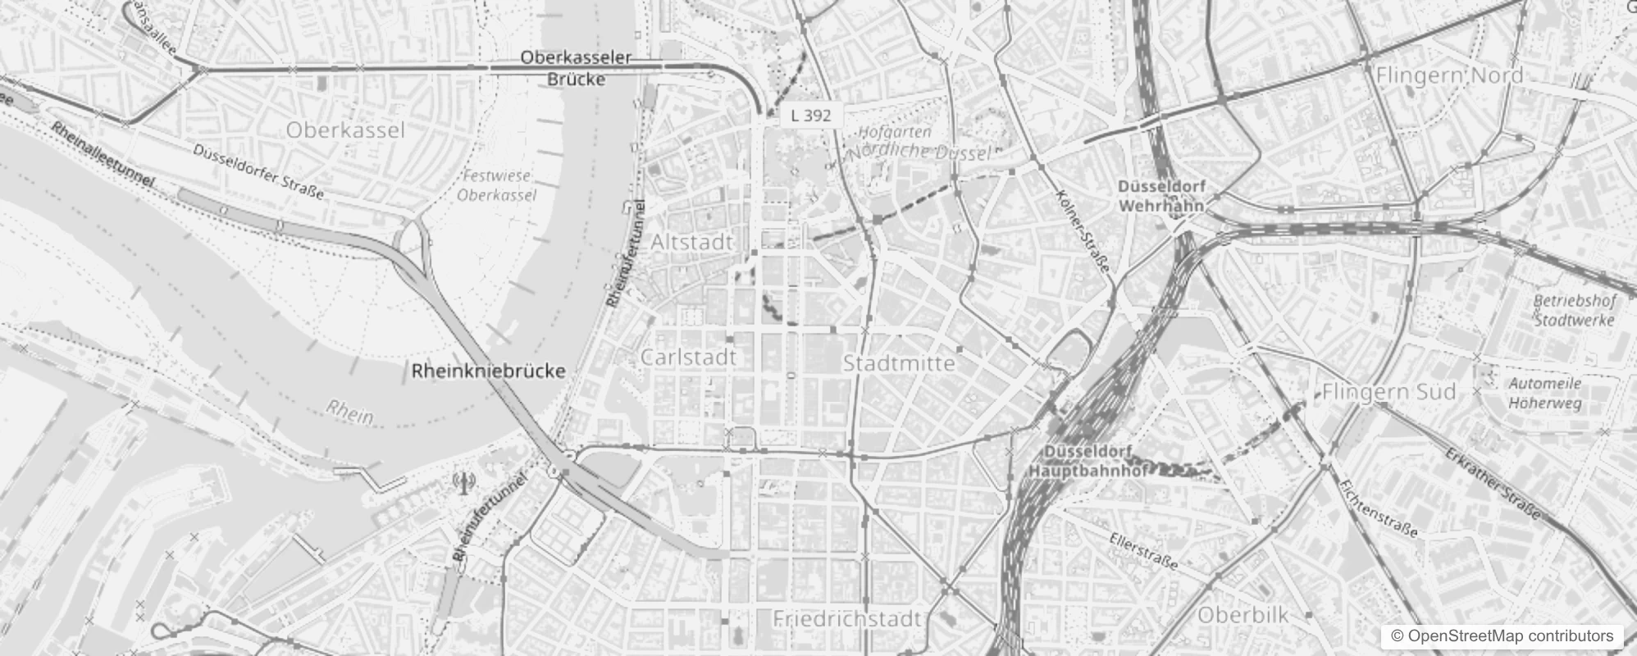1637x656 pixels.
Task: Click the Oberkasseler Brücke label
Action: click(x=576, y=68)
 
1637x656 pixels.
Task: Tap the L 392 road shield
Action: click(x=810, y=116)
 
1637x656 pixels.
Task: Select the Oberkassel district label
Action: click(x=345, y=130)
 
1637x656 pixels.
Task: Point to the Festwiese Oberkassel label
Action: click(x=496, y=185)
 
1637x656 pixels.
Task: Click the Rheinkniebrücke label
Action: click(x=488, y=371)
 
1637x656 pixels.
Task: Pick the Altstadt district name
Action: click(x=691, y=243)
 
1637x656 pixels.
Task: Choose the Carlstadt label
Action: click(x=688, y=358)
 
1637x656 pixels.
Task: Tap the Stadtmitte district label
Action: click(x=899, y=363)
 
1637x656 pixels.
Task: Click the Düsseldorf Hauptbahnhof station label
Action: click(x=1088, y=462)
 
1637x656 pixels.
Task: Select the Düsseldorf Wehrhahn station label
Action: click(x=1160, y=197)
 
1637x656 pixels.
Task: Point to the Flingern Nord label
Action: click(x=1449, y=75)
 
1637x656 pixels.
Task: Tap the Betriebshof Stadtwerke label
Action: click(x=1574, y=310)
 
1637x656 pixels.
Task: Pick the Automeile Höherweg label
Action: click(x=1545, y=393)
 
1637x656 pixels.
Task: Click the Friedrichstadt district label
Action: click(x=847, y=618)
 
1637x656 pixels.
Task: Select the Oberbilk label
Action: click(x=1243, y=615)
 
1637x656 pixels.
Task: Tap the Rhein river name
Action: click(x=349, y=412)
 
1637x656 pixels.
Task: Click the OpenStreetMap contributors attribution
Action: click(x=1501, y=635)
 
